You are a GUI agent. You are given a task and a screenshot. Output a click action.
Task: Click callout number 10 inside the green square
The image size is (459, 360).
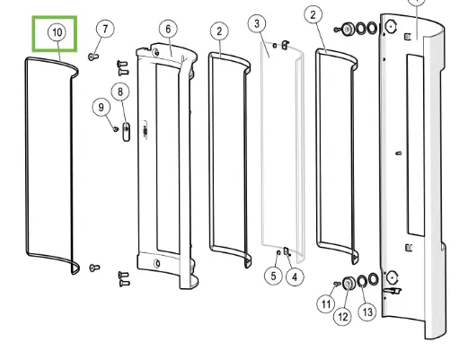(x=57, y=32)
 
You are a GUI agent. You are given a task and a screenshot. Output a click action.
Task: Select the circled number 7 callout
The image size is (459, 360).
(x=105, y=30)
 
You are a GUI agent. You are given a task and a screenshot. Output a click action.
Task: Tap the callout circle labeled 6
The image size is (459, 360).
(x=167, y=30)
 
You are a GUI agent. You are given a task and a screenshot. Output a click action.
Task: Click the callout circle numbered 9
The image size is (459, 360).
(x=100, y=108)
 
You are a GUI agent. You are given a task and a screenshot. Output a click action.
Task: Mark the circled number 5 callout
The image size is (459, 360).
(x=273, y=277)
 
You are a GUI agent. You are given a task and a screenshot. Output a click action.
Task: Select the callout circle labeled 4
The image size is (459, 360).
(x=295, y=277)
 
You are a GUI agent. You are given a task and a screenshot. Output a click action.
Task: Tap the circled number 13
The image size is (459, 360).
(x=366, y=311)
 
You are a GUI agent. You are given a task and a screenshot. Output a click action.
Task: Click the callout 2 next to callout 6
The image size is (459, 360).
(x=219, y=31)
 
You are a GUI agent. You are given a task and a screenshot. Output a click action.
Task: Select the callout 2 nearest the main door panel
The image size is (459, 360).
(x=313, y=15)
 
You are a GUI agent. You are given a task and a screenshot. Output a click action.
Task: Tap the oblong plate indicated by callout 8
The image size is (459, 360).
(x=126, y=132)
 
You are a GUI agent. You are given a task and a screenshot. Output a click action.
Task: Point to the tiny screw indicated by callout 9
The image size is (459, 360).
(x=117, y=128)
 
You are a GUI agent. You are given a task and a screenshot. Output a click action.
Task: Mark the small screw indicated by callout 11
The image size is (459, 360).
(x=334, y=285)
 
